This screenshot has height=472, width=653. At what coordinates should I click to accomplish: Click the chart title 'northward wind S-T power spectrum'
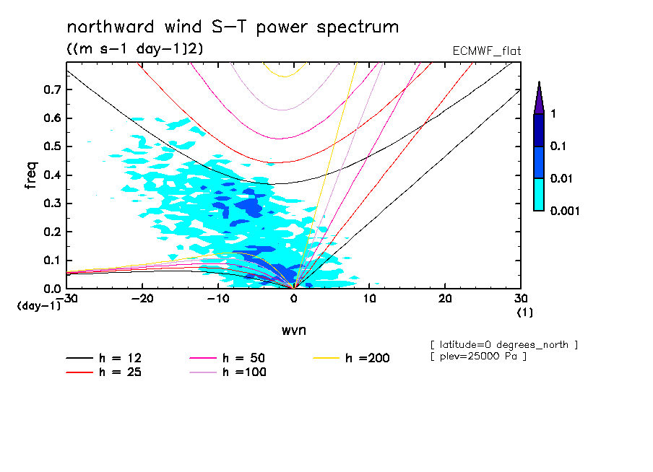point(233,27)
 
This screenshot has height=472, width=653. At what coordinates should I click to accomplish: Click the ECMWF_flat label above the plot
point(485,51)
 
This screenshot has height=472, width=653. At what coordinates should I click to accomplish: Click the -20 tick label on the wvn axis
point(142,299)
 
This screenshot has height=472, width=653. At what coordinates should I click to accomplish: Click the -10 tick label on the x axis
point(217,299)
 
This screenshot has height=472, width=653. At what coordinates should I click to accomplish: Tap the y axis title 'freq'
point(31,175)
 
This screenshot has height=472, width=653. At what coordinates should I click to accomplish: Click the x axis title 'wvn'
point(293,330)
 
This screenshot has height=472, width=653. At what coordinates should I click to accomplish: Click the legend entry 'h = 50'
point(244,358)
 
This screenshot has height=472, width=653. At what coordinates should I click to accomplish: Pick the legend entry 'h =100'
point(244,372)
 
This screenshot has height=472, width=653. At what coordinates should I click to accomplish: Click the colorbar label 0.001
point(566,211)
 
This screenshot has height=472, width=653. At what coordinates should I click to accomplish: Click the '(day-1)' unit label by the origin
point(39,306)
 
